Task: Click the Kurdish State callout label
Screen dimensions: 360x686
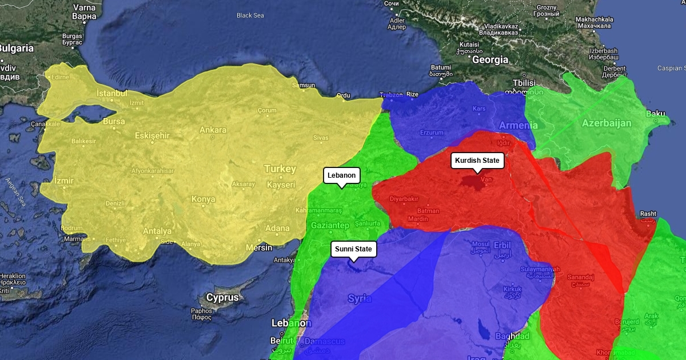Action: [477, 161]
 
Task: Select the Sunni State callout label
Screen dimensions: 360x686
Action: [353, 249]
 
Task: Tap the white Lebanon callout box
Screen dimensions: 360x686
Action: [342, 175]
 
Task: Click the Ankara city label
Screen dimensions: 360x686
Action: [213, 130]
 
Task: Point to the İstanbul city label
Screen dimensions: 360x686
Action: [111, 93]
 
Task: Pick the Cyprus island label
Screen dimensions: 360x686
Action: [222, 298]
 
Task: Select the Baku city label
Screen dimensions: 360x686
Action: [655, 114]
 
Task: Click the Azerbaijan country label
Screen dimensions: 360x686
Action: [606, 123]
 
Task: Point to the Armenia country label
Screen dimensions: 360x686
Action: [518, 125]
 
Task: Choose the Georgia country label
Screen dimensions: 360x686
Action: [490, 59]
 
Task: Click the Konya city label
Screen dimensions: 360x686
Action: [203, 199]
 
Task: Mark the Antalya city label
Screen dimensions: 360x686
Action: [157, 231]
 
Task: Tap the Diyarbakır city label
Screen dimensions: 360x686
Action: [404, 199]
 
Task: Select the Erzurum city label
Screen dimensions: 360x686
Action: [432, 133]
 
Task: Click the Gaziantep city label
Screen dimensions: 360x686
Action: [330, 226]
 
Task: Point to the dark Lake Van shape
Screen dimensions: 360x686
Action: [472, 182]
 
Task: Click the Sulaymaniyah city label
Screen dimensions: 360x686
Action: [540, 269]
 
